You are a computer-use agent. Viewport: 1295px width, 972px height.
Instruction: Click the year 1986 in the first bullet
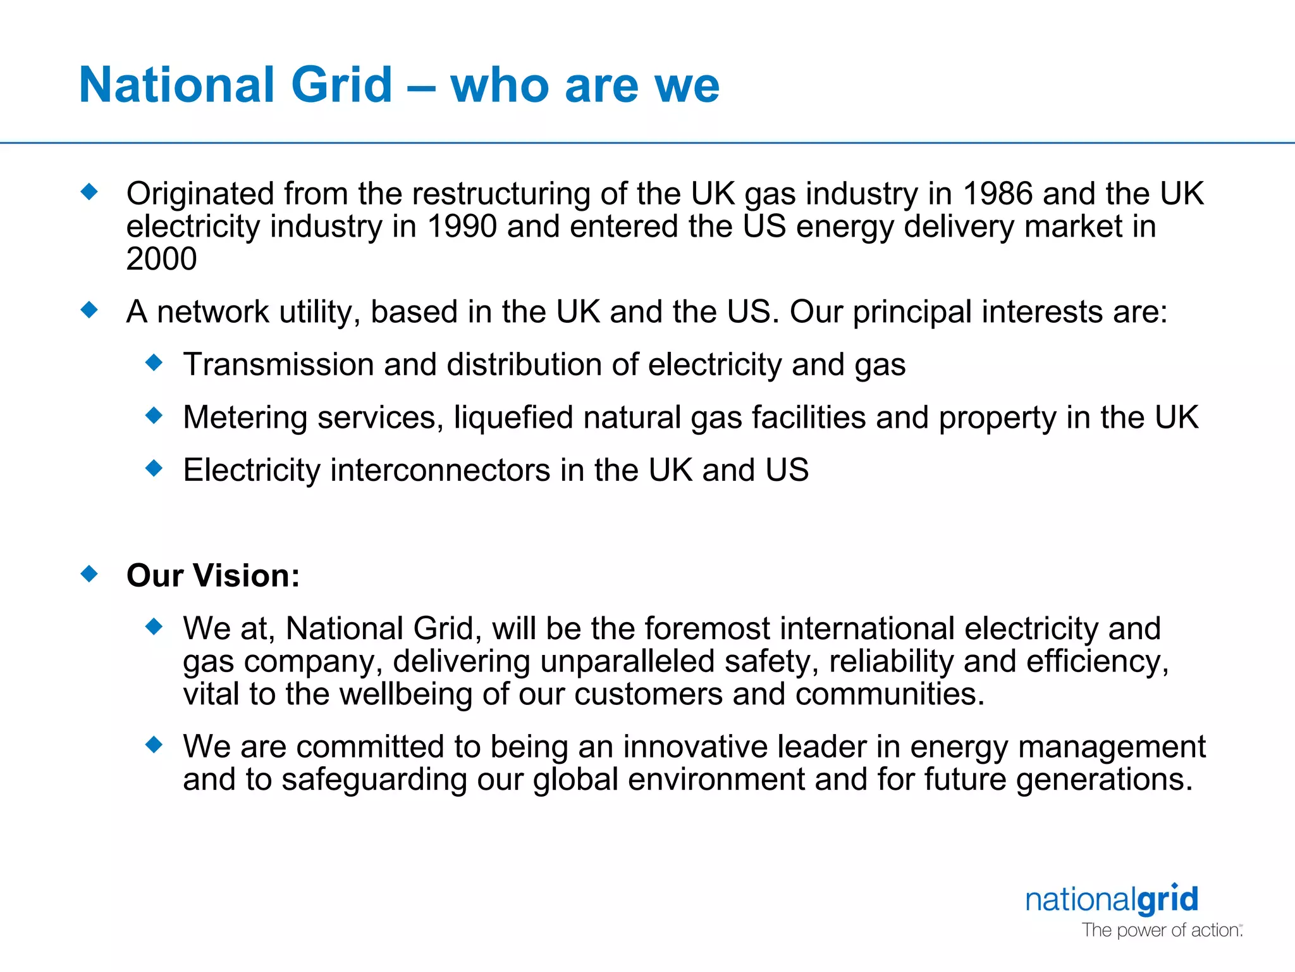(x=997, y=194)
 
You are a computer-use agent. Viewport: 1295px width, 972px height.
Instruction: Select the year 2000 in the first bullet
(x=161, y=259)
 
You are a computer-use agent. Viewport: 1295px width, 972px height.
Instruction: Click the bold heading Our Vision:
(x=213, y=575)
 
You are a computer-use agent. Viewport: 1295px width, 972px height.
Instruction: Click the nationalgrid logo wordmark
(x=1112, y=899)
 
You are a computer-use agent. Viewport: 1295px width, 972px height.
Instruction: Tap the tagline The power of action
(x=1161, y=930)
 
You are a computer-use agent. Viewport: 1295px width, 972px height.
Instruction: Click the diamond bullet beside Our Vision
(x=90, y=574)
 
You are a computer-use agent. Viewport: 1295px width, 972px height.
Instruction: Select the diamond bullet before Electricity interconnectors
(x=154, y=469)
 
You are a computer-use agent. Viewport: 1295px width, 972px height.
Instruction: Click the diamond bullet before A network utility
(x=90, y=310)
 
